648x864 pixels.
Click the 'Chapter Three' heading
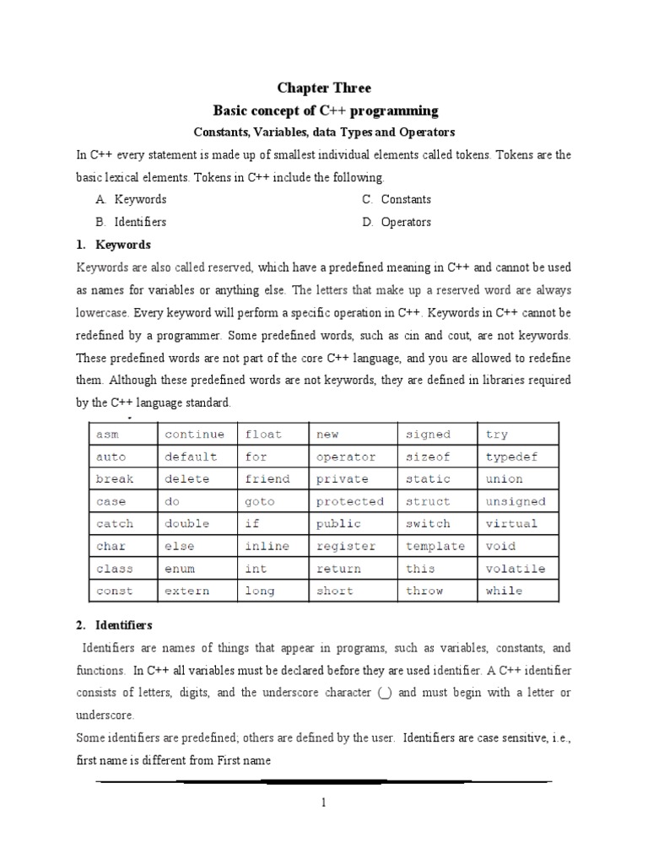(x=324, y=88)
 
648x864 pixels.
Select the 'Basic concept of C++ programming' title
(x=325, y=111)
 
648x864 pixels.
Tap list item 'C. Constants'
(x=397, y=200)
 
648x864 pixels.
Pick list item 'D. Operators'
(x=397, y=223)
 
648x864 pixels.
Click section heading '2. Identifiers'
(x=117, y=625)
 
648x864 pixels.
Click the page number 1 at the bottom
(x=323, y=804)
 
